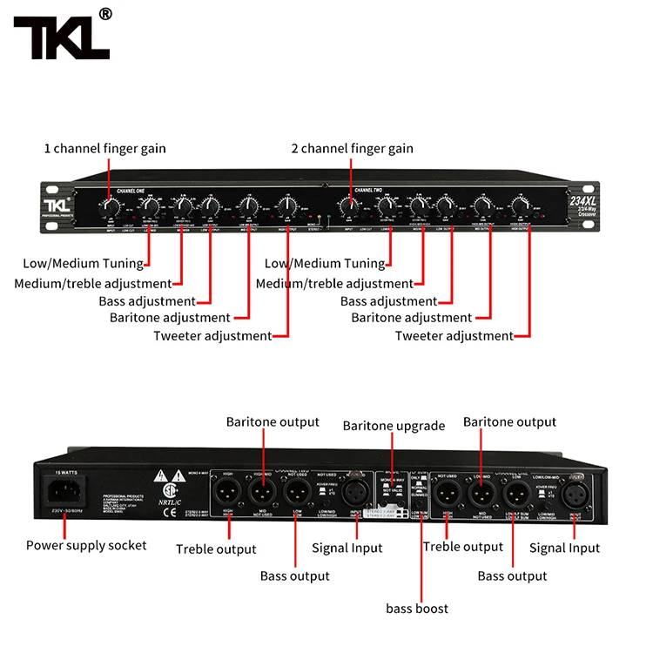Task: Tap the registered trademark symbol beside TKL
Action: point(105,14)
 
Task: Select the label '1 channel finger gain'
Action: point(105,149)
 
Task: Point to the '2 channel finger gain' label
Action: point(353,149)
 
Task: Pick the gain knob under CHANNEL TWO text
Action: point(349,208)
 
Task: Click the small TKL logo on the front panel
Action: point(57,204)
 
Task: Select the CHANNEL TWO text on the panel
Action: point(370,190)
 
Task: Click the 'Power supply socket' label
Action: point(85,546)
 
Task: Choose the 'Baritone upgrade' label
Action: point(394,426)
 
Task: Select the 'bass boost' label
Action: point(417,608)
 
